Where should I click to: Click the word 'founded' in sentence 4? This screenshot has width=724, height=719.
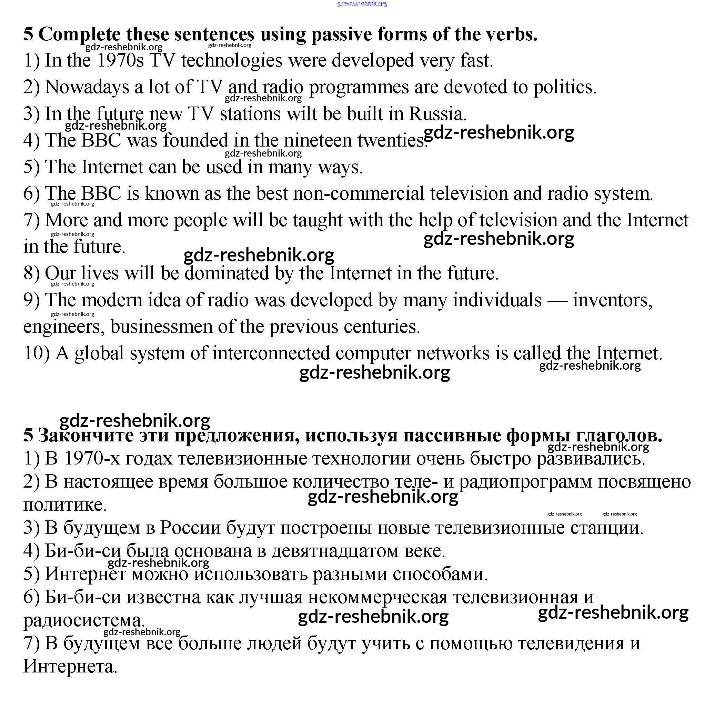195,141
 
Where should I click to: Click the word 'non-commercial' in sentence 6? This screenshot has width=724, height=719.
359,194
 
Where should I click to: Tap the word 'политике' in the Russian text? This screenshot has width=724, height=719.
64,505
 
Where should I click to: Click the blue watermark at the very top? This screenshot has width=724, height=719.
362,4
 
